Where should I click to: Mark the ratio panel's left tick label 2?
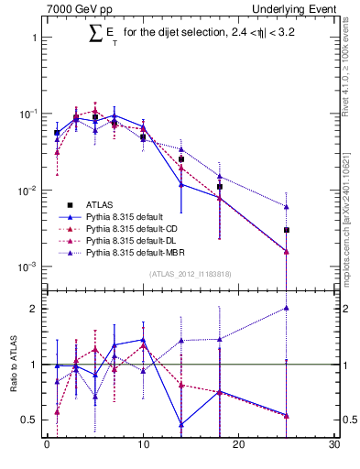click(x=33, y=309)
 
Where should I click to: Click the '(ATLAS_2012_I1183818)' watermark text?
click(x=189, y=273)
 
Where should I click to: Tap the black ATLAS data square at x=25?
click(x=287, y=230)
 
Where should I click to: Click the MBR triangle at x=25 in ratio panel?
click(x=287, y=309)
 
